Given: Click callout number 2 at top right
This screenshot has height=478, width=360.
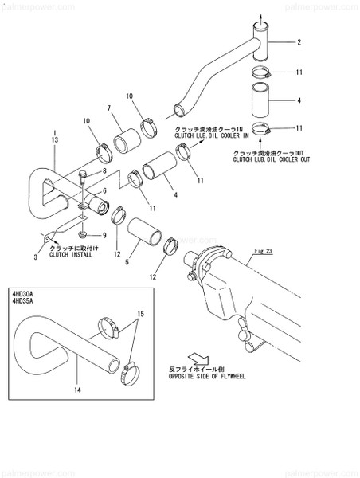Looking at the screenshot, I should point(299,42).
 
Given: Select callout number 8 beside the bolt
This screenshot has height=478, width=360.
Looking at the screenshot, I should point(104,171).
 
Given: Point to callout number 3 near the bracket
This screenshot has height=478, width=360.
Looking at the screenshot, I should point(35,257).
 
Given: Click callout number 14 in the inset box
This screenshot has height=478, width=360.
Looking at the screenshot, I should point(76,391).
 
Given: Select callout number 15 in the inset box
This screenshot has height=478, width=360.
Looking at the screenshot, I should point(140,315).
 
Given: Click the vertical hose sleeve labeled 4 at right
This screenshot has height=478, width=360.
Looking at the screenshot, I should point(263,102).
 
